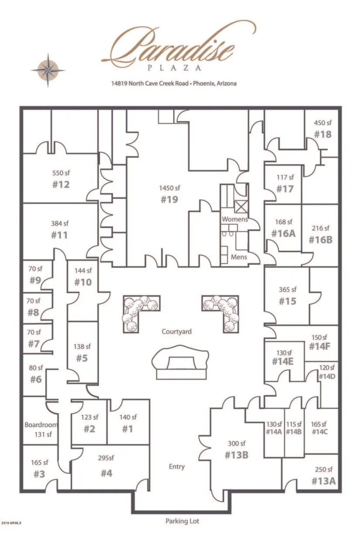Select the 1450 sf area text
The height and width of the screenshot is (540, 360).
click(x=170, y=188)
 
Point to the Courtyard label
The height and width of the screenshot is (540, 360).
click(x=177, y=332)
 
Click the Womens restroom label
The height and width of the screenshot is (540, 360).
click(x=235, y=219)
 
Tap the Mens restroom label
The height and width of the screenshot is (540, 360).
click(x=239, y=257)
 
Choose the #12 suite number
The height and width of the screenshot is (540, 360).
click(x=60, y=184)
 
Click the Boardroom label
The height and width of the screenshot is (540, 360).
click(x=41, y=424)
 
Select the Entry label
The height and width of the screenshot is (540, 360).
click(x=177, y=466)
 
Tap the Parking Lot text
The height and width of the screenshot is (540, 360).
click(x=182, y=521)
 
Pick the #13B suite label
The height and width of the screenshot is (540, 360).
click(x=237, y=455)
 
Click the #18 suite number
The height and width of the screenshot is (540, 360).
click(x=322, y=134)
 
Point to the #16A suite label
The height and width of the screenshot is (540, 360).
click(x=283, y=233)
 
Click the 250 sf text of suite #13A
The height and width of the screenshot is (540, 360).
click(x=323, y=469)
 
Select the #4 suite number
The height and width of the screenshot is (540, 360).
click(x=106, y=473)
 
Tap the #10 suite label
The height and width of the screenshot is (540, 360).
click(x=83, y=282)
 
